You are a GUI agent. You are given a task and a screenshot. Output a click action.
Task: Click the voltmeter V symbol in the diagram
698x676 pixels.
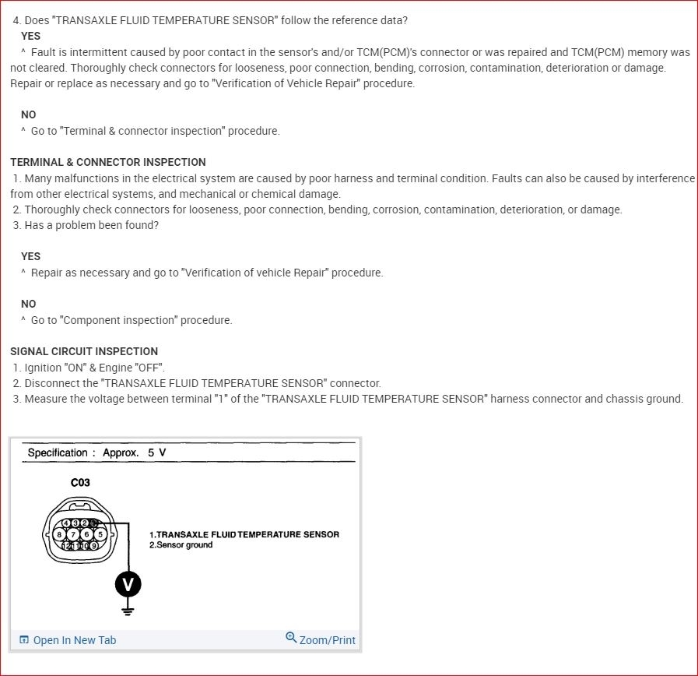pyautogui.click(x=128, y=583)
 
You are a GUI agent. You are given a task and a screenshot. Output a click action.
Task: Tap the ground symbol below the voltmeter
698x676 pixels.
pyautogui.click(x=128, y=611)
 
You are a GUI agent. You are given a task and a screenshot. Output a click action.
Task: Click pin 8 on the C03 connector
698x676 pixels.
pyautogui.click(x=60, y=534)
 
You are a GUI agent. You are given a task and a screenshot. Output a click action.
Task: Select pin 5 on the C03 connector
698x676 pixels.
pyautogui.click(x=100, y=534)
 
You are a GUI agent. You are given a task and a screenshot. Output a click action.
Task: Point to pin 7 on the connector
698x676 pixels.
pyautogui.click(x=73, y=534)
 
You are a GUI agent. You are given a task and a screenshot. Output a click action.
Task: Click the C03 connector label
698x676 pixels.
pyautogui.click(x=80, y=483)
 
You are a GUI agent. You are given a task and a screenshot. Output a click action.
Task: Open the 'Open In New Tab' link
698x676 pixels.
pyautogui.click(x=74, y=640)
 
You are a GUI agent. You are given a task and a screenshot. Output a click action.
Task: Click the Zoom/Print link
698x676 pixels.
pyautogui.click(x=327, y=640)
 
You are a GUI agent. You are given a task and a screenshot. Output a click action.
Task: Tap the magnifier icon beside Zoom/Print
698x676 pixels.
pyautogui.click(x=291, y=638)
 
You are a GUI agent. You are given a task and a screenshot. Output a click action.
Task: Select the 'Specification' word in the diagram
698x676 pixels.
pyautogui.click(x=58, y=452)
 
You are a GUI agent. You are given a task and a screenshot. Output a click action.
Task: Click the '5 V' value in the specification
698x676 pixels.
pyautogui.click(x=156, y=452)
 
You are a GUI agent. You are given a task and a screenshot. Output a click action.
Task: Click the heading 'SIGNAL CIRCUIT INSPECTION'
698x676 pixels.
pyautogui.click(x=84, y=351)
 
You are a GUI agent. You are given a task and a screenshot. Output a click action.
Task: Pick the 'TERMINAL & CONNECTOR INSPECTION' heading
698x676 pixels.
pyautogui.click(x=108, y=162)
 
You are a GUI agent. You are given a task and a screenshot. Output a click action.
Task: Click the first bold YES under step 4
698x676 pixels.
pyautogui.click(x=31, y=36)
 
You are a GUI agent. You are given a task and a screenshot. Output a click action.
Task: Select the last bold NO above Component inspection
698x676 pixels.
pyautogui.click(x=29, y=304)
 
